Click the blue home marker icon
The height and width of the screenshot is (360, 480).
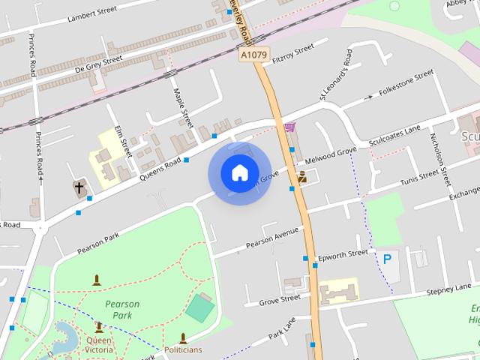[239, 173]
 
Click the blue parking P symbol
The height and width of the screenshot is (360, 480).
[387, 259]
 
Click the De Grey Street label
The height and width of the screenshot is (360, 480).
[97, 64]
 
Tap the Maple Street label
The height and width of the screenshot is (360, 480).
[184, 107]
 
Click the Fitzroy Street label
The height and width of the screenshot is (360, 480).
[293, 53]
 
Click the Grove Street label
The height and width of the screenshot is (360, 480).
[279, 301]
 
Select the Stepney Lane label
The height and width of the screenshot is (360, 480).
[448, 289]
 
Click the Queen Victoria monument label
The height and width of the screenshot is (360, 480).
[99, 345]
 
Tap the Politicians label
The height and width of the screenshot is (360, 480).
[183, 349]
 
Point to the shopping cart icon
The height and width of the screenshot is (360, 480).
[290, 127]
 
